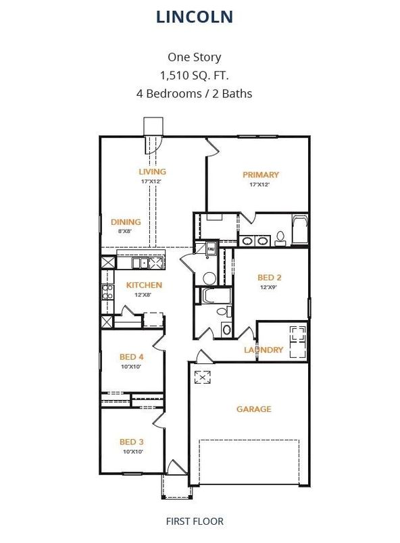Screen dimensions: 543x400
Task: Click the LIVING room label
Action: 152,172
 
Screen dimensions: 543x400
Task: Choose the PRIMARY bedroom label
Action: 260,175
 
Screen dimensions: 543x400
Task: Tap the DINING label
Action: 126,222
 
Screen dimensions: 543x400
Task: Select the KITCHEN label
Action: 144,285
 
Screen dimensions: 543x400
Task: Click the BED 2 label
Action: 269,277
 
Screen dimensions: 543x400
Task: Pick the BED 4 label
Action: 132,357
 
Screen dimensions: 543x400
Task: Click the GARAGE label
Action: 253,409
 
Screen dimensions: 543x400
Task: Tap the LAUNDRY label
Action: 263,350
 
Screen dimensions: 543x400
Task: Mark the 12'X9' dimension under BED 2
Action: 269,287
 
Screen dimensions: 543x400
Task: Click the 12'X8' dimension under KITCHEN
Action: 144,294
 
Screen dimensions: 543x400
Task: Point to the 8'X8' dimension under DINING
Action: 126,231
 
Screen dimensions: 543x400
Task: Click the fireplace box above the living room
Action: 153,126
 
